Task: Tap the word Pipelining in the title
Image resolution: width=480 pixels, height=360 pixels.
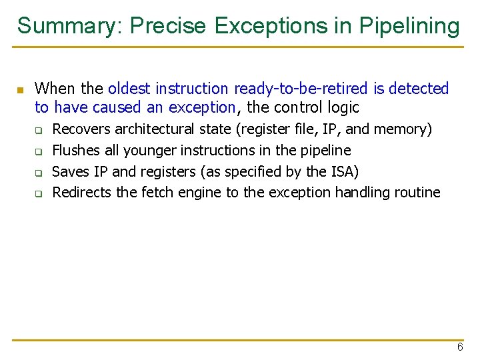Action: click(x=409, y=26)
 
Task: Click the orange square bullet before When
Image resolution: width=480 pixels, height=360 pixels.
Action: click(x=20, y=89)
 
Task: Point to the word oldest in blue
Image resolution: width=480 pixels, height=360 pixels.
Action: click(x=129, y=89)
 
